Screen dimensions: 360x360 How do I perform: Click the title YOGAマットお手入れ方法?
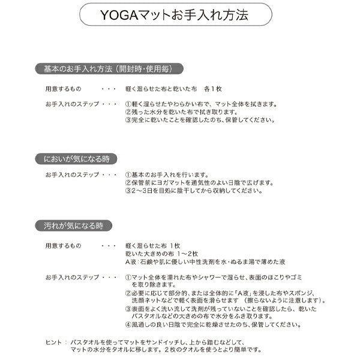point(180,13)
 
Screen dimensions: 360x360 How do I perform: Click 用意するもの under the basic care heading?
point(62,88)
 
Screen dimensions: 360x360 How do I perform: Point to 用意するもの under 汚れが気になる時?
point(62,246)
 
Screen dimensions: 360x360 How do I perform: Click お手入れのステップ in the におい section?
point(71,175)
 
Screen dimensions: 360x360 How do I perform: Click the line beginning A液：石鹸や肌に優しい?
point(205,262)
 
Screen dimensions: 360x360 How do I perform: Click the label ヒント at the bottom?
point(53,341)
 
